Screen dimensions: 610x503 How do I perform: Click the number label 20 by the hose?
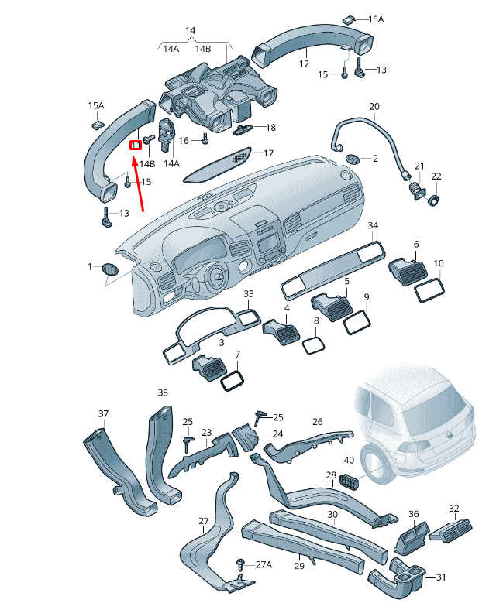(374, 107)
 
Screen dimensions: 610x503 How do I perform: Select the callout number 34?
(373, 226)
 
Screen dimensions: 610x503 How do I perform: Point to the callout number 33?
(248, 294)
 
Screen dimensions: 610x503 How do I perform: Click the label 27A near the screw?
(264, 565)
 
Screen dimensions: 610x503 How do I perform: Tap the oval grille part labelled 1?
(109, 269)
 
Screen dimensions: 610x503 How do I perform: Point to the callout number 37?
(103, 413)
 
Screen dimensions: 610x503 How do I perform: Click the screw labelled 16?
(205, 139)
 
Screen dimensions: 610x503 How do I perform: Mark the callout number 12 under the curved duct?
(304, 64)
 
